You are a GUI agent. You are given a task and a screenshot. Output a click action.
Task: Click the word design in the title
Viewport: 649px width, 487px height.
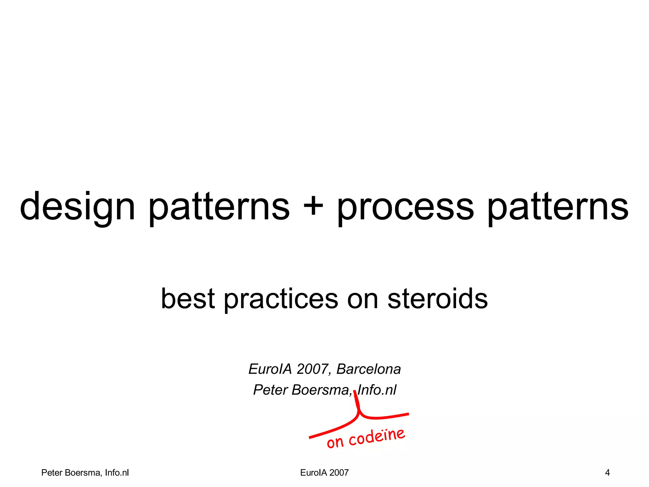coord(78,207)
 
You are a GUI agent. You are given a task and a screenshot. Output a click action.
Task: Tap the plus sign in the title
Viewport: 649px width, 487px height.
coord(313,207)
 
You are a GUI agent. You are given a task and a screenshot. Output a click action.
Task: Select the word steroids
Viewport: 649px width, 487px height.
coord(438,299)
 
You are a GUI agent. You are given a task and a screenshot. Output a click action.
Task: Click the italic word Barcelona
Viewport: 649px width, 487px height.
coord(369,369)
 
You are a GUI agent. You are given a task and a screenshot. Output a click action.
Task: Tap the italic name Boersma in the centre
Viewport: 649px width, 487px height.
coord(321,390)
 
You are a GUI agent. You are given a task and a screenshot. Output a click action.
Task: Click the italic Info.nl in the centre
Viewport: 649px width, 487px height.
coord(377,390)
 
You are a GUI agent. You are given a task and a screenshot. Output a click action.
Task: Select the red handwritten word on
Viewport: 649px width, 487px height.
coord(335,442)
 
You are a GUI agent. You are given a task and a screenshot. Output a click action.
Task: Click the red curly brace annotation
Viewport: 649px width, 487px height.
coord(359,415)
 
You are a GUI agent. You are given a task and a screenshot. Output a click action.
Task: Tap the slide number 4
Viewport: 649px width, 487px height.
coord(607,473)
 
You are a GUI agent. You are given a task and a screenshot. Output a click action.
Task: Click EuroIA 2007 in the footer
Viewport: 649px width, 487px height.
coord(324,473)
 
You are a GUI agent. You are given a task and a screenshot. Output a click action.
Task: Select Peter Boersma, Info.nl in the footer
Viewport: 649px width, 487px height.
coord(85,473)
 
